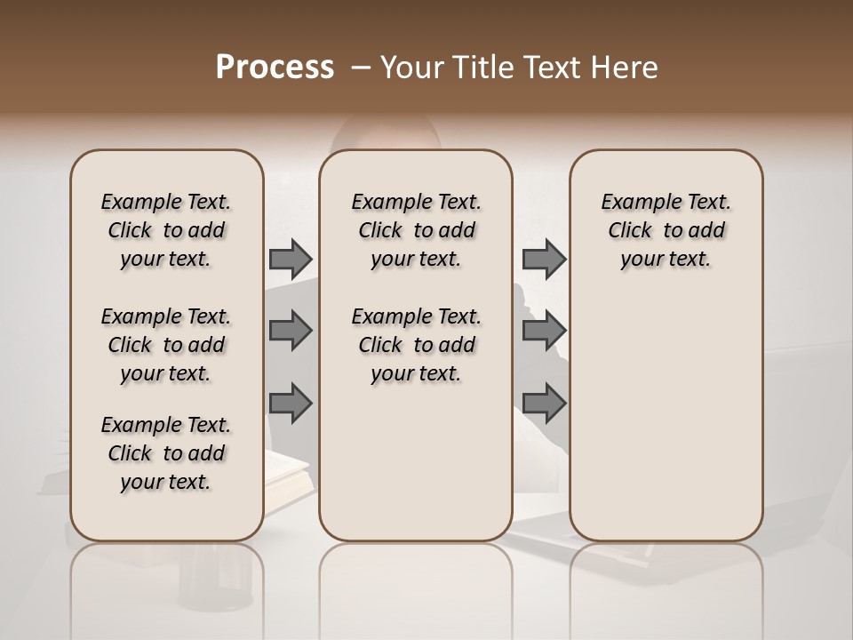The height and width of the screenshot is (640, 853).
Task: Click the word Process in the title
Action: click(x=275, y=68)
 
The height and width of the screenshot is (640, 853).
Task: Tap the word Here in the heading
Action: click(x=626, y=68)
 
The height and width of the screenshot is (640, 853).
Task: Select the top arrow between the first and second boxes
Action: click(x=291, y=259)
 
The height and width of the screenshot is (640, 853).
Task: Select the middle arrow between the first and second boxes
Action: click(x=291, y=331)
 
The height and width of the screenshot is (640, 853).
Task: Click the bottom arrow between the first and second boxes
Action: click(x=291, y=403)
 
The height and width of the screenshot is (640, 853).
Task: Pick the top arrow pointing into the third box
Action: click(x=544, y=259)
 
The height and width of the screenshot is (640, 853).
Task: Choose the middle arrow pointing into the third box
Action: click(x=544, y=331)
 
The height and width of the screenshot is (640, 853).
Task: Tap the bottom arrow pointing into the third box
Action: click(x=544, y=403)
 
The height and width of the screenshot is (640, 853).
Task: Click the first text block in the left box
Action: click(x=166, y=230)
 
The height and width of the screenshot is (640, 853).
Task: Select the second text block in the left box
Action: click(x=166, y=345)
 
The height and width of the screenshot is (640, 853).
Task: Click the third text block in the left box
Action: click(x=166, y=453)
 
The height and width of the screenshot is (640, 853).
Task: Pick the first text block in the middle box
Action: click(x=416, y=230)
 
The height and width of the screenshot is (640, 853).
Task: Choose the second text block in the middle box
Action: click(x=416, y=345)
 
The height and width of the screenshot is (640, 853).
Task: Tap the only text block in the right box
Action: click(x=666, y=230)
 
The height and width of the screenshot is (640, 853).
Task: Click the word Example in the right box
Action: click(x=634, y=202)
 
